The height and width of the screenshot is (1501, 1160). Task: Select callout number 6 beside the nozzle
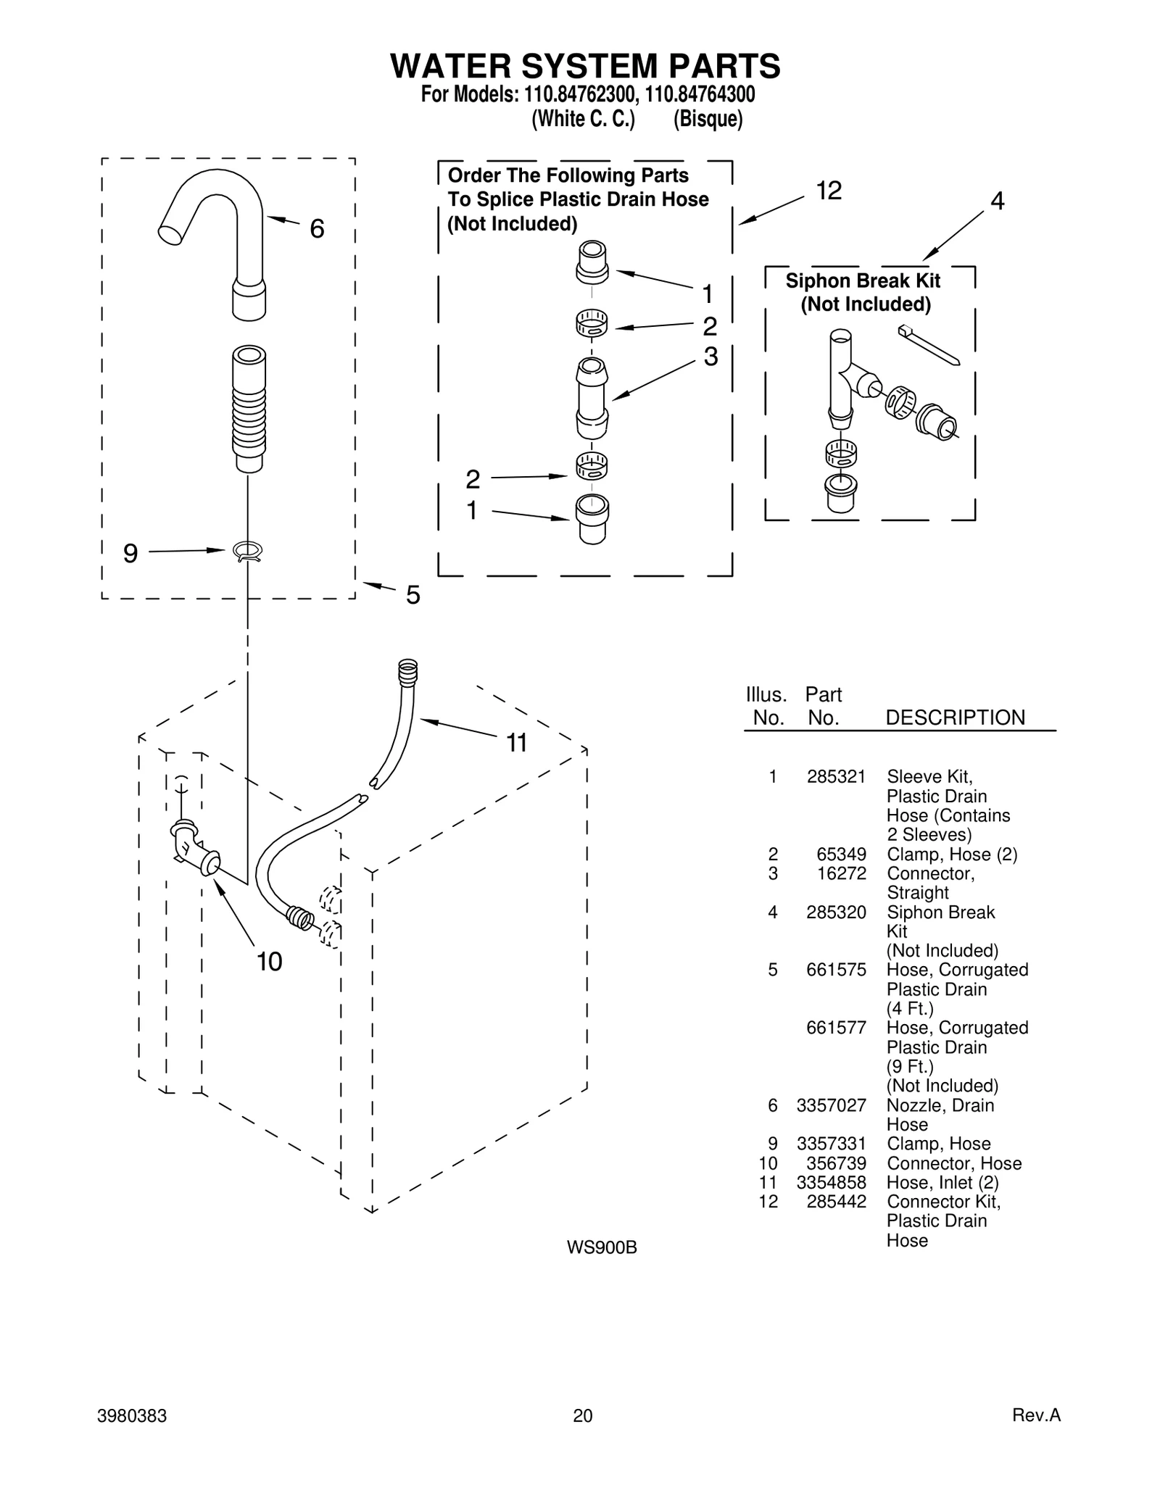pyautogui.click(x=317, y=229)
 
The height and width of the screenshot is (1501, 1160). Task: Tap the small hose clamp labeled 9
pyautogui.click(x=248, y=552)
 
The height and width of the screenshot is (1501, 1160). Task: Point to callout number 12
pyautogui.click(x=829, y=191)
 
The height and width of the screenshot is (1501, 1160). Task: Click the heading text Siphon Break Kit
pyautogui.click(x=863, y=280)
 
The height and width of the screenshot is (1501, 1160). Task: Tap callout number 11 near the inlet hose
pyautogui.click(x=516, y=743)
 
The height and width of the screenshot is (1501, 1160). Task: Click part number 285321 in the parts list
pyautogui.click(x=836, y=777)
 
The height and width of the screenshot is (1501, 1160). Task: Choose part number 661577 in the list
pyautogui.click(x=836, y=1028)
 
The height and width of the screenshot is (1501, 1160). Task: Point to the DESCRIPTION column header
pyautogui.click(x=955, y=718)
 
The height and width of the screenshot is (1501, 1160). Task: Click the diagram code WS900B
pyautogui.click(x=602, y=1247)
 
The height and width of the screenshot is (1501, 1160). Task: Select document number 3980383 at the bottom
pyautogui.click(x=132, y=1415)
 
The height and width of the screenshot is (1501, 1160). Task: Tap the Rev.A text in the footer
pyautogui.click(x=1036, y=1415)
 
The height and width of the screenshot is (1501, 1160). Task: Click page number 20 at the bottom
pyautogui.click(x=582, y=1415)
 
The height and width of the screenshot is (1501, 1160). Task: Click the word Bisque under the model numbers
pyautogui.click(x=708, y=119)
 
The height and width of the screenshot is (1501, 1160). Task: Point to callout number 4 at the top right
pyautogui.click(x=997, y=201)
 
